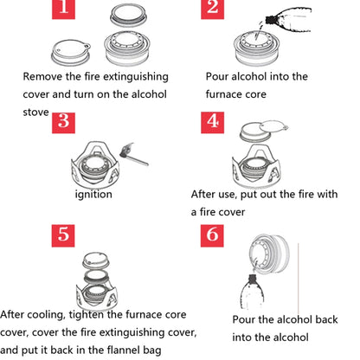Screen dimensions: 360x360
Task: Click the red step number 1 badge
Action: coord(63,10)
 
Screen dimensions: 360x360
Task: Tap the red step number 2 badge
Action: coord(212,10)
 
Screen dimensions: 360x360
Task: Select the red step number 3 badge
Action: coord(63,123)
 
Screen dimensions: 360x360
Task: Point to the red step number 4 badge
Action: coord(212,123)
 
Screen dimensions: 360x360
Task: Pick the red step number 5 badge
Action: coord(63,235)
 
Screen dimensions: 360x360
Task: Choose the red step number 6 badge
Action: coord(212,235)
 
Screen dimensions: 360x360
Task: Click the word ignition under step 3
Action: coord(93,195)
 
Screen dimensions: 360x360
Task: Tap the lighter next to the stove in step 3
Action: coord(133,154)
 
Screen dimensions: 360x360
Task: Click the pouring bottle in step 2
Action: coord(288,19)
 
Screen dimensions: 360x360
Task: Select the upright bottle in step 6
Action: coord(252,292)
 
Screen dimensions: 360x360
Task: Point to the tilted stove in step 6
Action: coord(269,254)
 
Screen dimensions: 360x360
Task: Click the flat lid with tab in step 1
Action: coord(71,52)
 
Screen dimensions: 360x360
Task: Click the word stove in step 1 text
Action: coord(35,112)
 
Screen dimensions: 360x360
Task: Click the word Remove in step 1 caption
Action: coord(42,77)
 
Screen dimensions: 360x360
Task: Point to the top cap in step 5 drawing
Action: coord(96,260)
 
